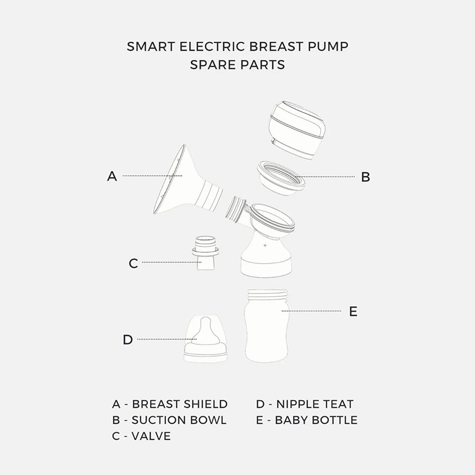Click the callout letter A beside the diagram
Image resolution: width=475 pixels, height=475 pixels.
pyautogui.click(x=112, y=176)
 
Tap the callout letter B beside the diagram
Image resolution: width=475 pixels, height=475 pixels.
pyautogui.click(x=366, y=177)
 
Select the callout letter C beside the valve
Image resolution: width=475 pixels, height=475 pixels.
pyautogui.click(x=133, y=263)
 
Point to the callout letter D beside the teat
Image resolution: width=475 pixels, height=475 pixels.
pyautogui.click(x=128, y=340)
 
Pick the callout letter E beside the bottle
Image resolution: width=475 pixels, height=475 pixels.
pyautogui.click(x=353, y=312)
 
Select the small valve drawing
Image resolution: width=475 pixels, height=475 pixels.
pyautogui.click(x=205, y=253)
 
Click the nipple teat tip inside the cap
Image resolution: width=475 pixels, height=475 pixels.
pyautogui.click(x=206, y=322)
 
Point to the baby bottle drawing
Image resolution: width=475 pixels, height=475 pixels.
pyautogui.click(x=267, y=326)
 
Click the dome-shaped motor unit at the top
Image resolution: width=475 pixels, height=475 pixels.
pyautogui.click(x=296, y=130)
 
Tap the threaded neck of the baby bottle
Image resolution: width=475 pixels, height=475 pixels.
pyautogui.click(x=267, y=294)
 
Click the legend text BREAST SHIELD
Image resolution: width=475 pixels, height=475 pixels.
pyautogui.click(x=180, y=404)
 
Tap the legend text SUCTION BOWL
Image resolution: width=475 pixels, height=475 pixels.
pyautogui.click(x=179, y=420)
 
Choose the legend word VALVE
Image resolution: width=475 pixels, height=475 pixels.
pyautogui.click(x=151, y=436)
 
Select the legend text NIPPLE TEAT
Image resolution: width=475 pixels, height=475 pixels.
pyautogui.click(x=315, y=404)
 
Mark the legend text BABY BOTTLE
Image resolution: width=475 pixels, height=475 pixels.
pyautogui.click(x=316, y=420)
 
